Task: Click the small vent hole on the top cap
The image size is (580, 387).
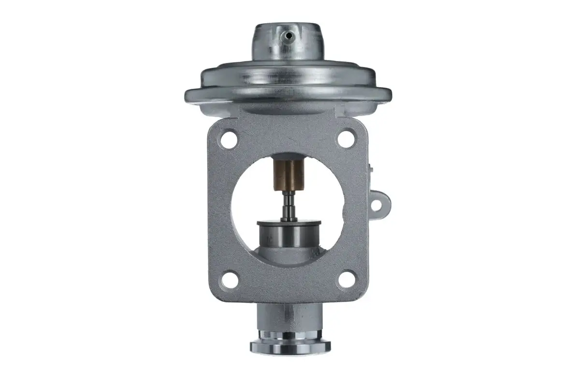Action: (x=288, y=35)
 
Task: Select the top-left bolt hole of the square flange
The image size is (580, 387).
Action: (x=229, y=140)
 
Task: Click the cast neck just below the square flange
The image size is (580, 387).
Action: (x=289, y=317)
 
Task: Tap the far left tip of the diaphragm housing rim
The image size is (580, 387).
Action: (x=186, y=93)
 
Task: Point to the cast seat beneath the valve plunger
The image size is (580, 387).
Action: (x=289, y=256)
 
